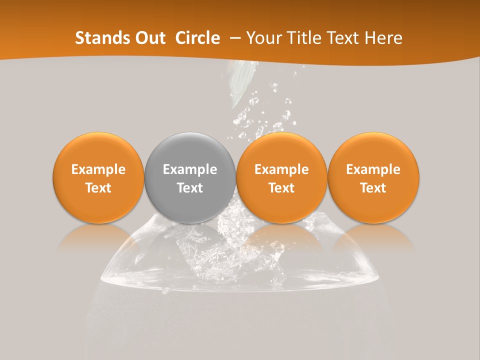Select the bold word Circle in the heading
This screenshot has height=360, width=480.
(x=197, y=38)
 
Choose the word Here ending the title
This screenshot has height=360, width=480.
(x=384, y=38)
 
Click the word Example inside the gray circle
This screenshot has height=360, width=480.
(x=190, y=169)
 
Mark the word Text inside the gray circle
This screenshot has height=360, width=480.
(x=190, y=188)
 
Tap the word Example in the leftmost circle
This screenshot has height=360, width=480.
(x=98, y=169)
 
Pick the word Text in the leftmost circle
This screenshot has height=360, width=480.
(x=98, y=188)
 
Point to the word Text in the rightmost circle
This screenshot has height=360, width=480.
(x=373, y=188)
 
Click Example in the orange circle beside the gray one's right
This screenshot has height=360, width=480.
(x=281, y=169)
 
